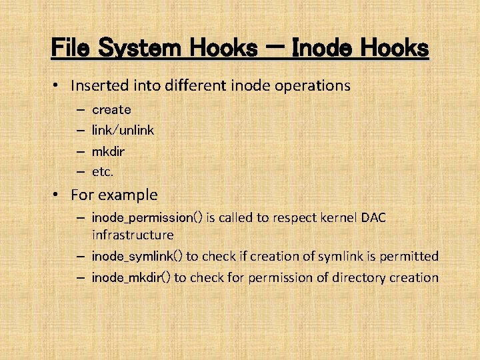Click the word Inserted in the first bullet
tap(98, 86)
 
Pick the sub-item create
tap(111, 109)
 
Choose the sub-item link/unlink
tap(123, 130)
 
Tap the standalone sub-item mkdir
tap(108, 151)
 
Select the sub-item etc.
tap(103, 171)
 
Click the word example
tap(127, 195)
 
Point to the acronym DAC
tap(373, 218)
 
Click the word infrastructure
tap(132, 235)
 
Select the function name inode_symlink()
tap(137, 256)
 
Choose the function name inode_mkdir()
tap(131, 277)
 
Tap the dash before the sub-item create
tap(79, 109)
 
